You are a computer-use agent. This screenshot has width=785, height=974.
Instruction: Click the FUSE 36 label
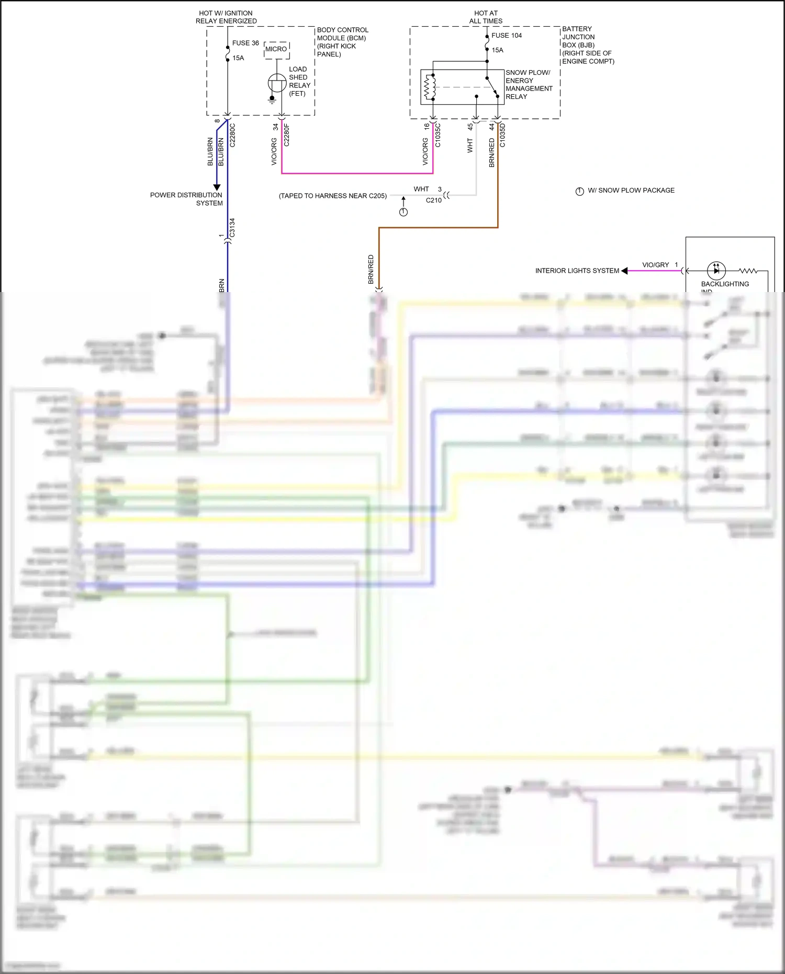tap(245, 43)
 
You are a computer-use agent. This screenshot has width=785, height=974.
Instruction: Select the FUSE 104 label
tap(507, 36)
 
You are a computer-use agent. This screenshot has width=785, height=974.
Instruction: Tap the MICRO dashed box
tap(276, 50)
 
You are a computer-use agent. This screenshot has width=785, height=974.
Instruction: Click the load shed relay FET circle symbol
tap(277, 83)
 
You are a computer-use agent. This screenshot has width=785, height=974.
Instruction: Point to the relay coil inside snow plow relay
tap(430, 87)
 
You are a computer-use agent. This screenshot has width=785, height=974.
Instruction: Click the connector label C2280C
tap(233, 135)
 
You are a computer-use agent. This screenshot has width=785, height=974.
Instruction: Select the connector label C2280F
tap(286, 135)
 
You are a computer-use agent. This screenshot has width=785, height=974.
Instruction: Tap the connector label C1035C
tap(438, 135)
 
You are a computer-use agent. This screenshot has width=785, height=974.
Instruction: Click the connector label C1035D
tap(502, 135)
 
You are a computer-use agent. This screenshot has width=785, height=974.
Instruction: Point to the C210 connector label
tap(433, 200)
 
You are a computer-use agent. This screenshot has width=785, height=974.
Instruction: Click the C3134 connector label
tap(232, 228)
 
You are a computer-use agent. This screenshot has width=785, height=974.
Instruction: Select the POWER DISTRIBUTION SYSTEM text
tap(186, 199)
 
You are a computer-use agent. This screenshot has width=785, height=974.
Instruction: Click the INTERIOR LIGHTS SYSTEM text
tap(577, 271)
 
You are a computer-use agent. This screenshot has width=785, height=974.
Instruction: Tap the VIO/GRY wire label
tap(655, 265)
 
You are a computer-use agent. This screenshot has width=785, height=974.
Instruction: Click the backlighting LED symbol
tap(716, 271)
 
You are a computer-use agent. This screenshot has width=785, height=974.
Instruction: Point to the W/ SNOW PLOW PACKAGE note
tap(631, 191)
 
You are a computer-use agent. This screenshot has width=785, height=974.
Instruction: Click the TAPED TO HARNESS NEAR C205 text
tap(333, 196)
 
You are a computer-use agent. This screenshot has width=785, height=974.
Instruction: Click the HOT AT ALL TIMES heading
tap(486, 17)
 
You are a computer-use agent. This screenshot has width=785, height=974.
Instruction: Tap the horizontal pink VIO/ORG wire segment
tap(357, 173)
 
